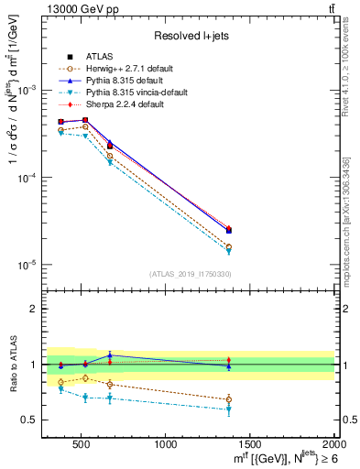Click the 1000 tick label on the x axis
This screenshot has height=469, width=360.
(167, 445)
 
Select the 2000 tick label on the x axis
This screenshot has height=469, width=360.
(333, 445)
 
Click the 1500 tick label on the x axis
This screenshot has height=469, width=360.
(250, 445)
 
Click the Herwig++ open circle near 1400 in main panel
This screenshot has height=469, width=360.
(229, 246)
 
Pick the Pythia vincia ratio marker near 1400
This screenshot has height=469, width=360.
(229, 409)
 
